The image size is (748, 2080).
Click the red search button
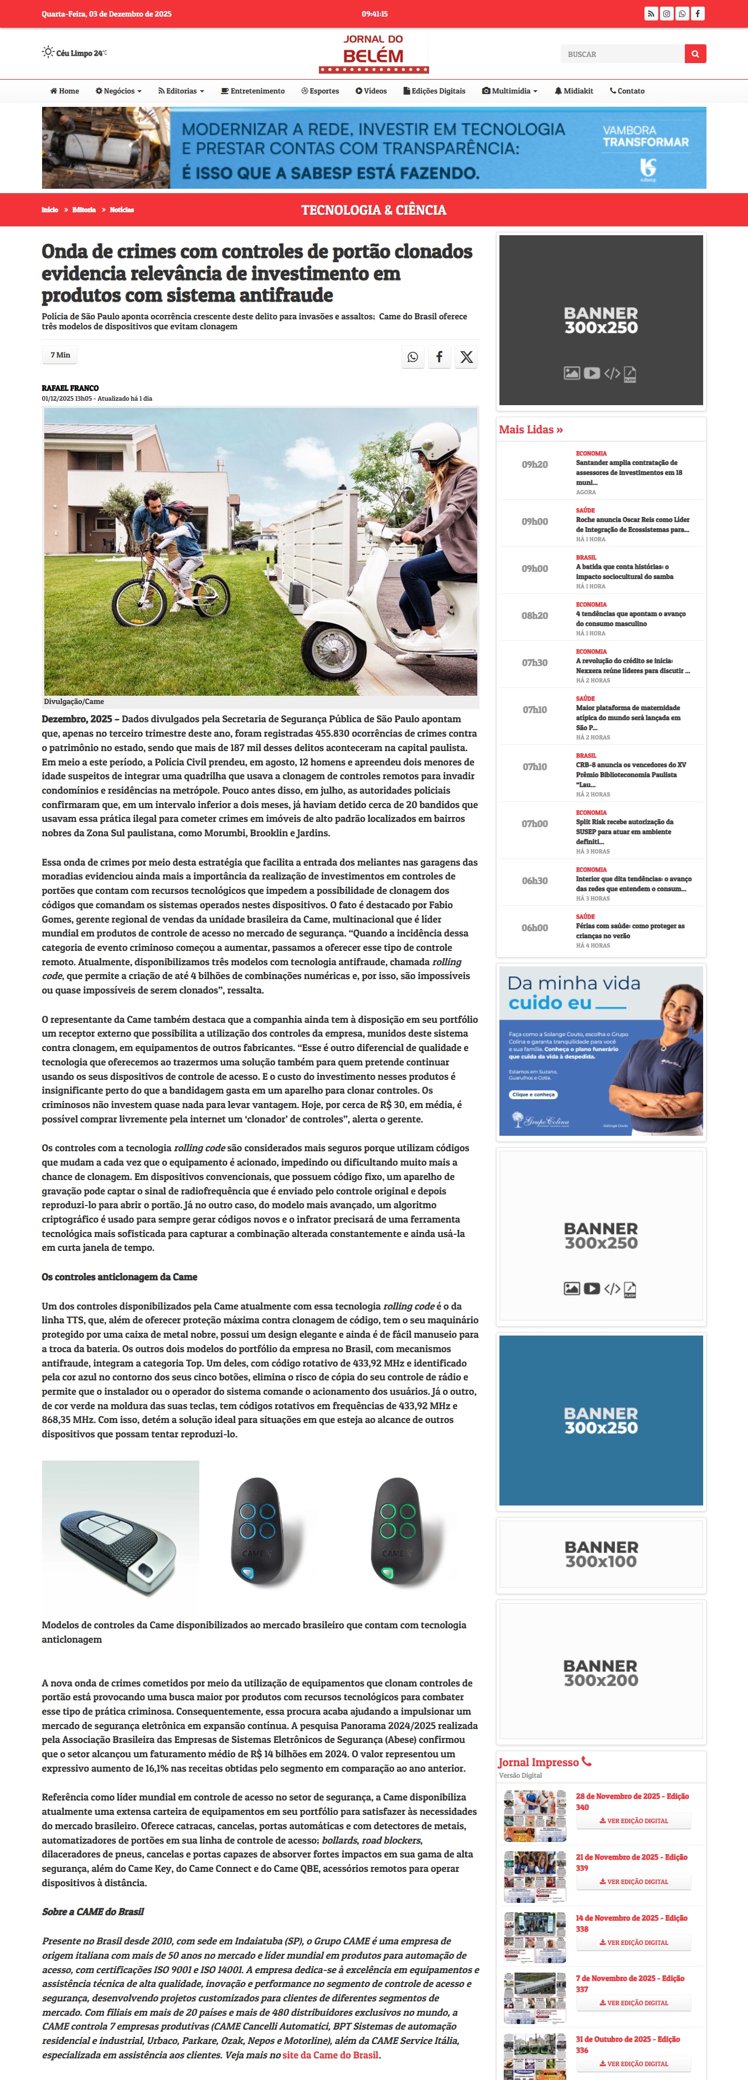coord(695,54)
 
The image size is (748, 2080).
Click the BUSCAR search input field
coord(622,54)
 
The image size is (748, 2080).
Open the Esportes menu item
coord(320,91)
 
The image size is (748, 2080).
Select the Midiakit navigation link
coord(574,91)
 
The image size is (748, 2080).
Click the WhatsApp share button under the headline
coord(413,357)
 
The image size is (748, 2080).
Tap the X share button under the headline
coord(466,357)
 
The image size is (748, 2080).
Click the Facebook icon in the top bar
coord(697,14)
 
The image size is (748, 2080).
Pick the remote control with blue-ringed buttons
coord(257,1531)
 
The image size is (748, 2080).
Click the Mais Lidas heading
coord(531,430)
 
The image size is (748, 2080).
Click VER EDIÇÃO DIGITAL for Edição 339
coord(633,1881)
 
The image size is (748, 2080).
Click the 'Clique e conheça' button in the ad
coord(533,1095)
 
